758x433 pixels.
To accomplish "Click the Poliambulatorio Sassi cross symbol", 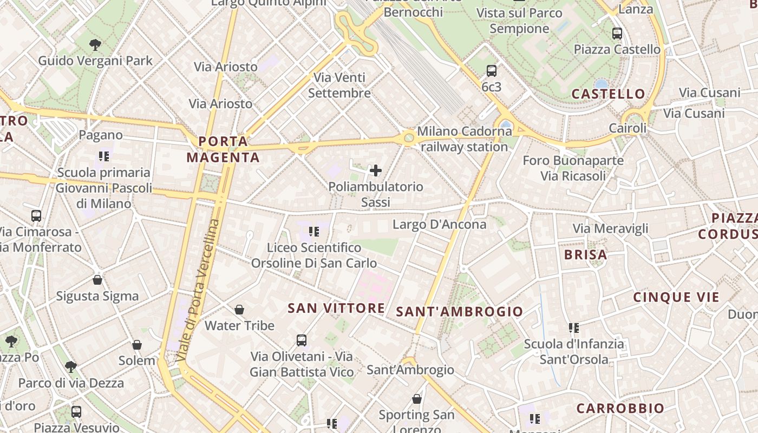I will [x=375, y=171].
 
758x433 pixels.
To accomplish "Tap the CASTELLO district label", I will [x=609, y=94].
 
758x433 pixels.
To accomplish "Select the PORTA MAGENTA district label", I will [x=223, y=149].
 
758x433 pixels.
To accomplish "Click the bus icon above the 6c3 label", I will [x=491, y=70].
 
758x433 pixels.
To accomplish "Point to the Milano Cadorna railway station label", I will [x=464, y=139].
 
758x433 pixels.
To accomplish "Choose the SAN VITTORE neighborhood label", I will [x=336, y=309].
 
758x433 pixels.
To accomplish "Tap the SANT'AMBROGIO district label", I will [x=460, y=312].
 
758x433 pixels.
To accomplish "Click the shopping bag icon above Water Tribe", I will [x=239, y=310].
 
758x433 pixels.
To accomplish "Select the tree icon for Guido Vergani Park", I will [x=95, y=44].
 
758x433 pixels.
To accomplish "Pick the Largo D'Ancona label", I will [x=440, y=224].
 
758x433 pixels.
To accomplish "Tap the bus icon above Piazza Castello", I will [x=617, y=34].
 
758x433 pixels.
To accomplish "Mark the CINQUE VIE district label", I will [x=676, y=297].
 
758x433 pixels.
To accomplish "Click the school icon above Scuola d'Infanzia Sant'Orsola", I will [x=574, y=327].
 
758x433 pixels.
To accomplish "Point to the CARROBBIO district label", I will [x=620, y=409].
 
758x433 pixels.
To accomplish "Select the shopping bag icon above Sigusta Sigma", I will [x=97, y=280].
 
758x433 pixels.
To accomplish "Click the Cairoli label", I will [x=628, y=129].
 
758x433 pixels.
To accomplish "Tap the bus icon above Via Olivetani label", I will [x=302, y=340].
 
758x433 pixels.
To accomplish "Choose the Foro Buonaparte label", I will [x=573, y=161].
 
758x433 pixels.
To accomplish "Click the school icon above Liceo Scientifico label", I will [x=314, y=232].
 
